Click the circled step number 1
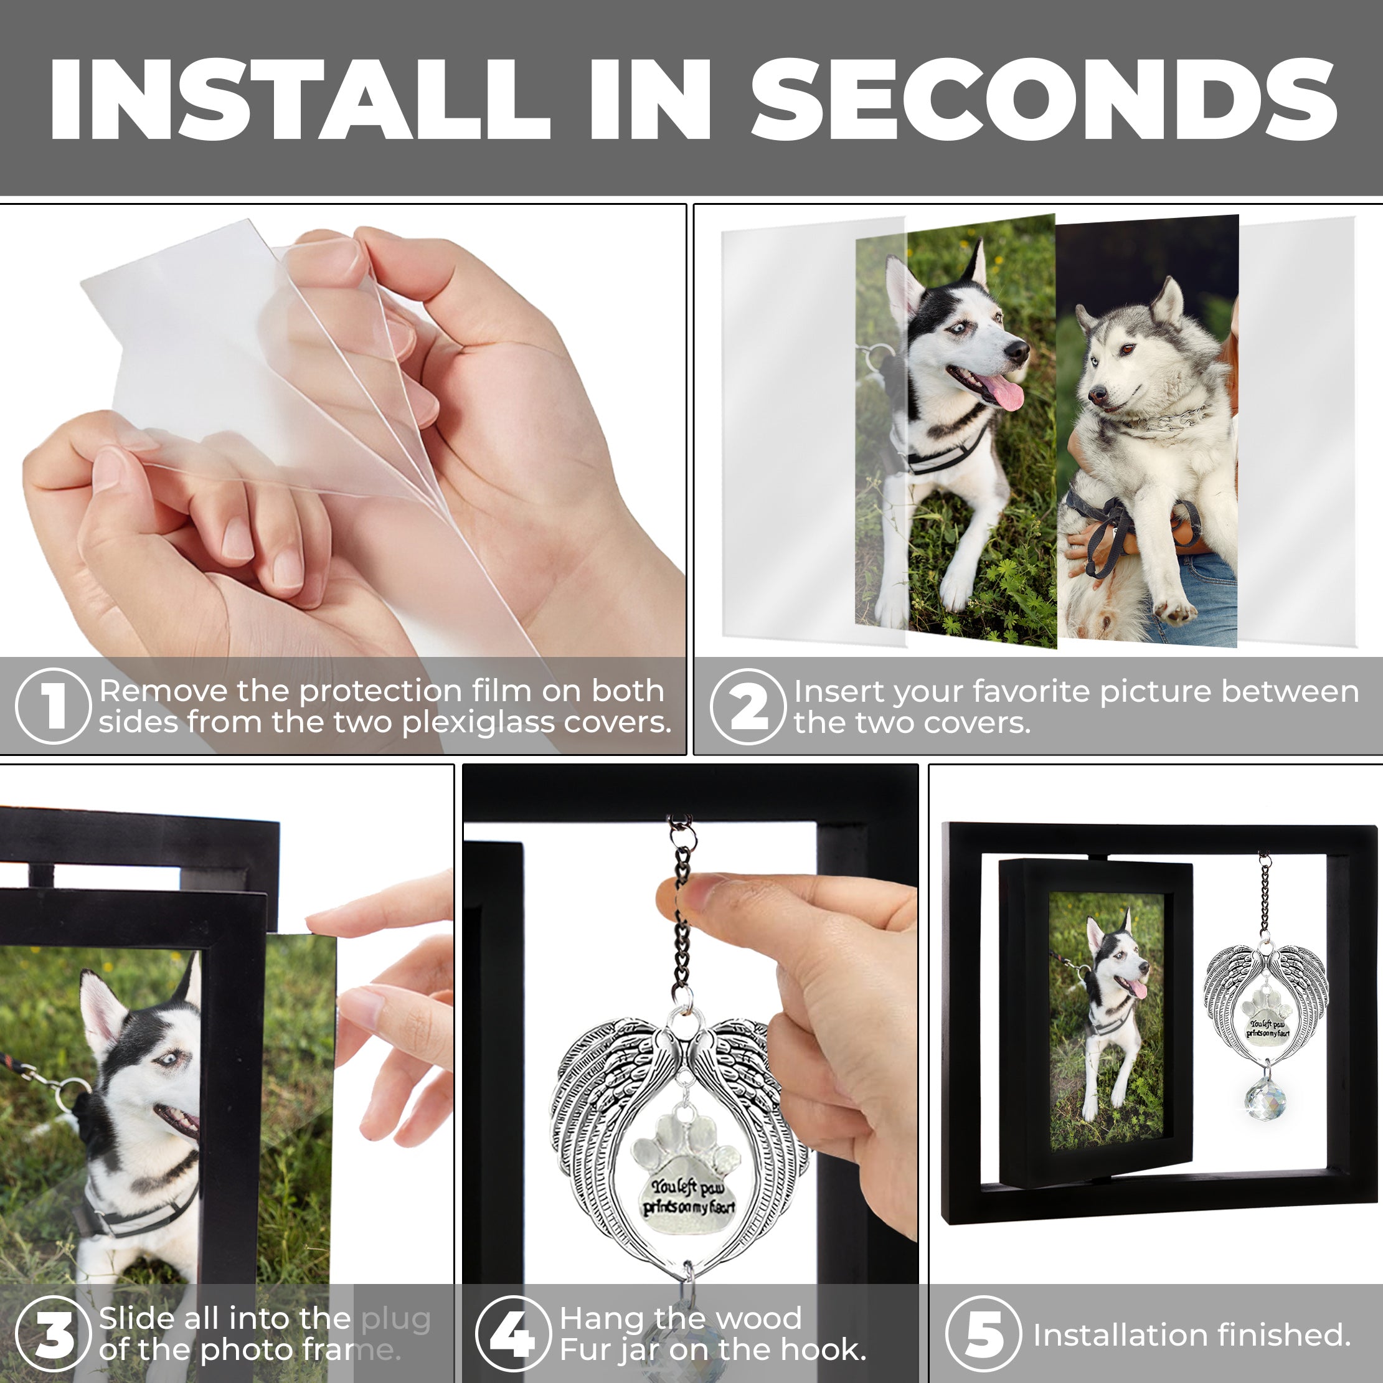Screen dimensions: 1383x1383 53,706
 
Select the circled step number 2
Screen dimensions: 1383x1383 748,706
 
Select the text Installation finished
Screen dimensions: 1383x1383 1191,1335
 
